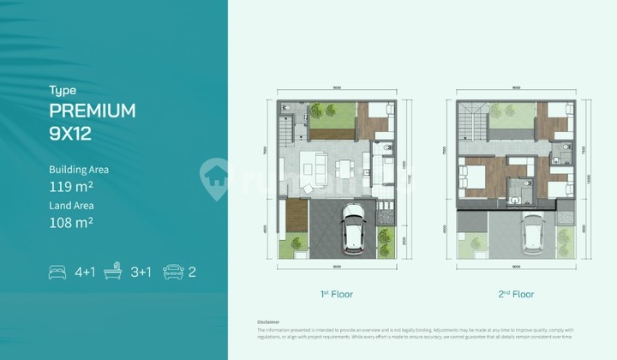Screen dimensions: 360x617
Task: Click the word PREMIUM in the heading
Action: pos(93,111)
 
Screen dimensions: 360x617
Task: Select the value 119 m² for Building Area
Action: pos(71,185)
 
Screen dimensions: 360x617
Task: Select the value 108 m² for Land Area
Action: pos(71,222)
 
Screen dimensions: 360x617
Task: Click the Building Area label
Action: pos(79,170)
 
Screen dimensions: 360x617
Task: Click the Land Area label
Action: pos(71,206)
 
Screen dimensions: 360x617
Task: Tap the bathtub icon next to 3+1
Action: pos(112,273)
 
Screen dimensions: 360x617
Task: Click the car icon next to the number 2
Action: pos(171,273)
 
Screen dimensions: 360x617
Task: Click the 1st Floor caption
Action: pos(337,294)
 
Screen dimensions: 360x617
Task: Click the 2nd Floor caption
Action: pos(517,294)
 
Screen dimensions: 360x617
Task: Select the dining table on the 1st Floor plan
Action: pos(344,166)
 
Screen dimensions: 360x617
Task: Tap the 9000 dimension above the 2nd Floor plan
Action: pos(516,87)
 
